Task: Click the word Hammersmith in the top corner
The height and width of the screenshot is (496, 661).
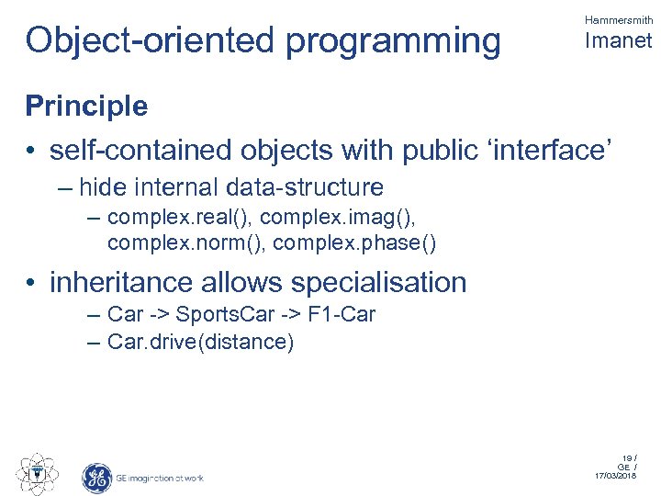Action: tap(619, 20)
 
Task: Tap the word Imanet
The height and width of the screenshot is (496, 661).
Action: tap(618, 41)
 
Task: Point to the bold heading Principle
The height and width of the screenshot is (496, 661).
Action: tap(86, 107)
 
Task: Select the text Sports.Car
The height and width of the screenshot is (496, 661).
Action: tap(221, 315)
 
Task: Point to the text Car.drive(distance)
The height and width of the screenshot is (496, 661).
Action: tap(200, 343)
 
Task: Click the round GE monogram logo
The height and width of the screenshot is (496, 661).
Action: tap(97, 477)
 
